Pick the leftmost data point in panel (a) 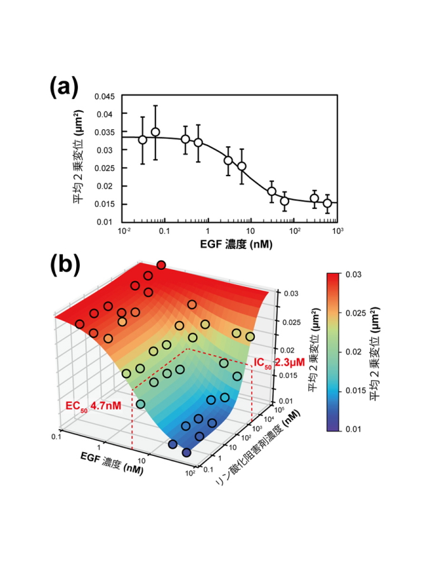pyautogui.click(x=143, y=139)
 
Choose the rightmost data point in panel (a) pyautogui.click(x=327, y=203)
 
